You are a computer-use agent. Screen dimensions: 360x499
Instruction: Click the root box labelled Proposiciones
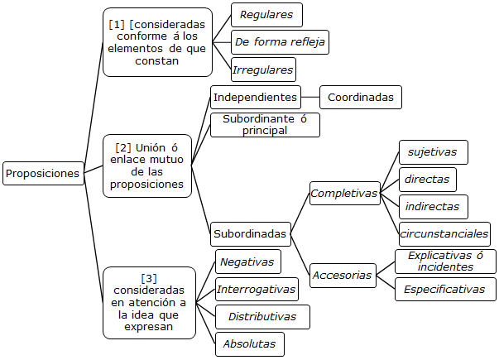(43, 173)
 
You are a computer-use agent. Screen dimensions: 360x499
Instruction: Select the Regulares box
(266, 15)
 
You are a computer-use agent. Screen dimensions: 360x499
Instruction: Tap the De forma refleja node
(281, 42)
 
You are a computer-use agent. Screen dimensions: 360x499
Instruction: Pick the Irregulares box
(263, 70)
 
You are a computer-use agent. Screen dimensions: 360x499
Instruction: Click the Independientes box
(255, 97)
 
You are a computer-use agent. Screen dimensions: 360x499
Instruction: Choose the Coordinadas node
(361, 97)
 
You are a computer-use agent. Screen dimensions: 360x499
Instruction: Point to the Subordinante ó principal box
(265, 125)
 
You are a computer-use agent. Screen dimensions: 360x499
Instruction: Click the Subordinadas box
(250, 233)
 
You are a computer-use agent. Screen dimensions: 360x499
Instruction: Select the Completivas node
(344, 194)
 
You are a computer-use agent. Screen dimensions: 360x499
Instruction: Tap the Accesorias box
(343, 275)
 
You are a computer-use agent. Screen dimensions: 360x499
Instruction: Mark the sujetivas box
(433, 152)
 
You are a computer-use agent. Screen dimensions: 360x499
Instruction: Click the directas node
(427, 179)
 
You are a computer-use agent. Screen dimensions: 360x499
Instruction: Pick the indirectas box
(434, 206)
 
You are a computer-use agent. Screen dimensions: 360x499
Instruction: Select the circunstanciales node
(444, 233)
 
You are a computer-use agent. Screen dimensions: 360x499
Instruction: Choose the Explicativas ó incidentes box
(445, 261)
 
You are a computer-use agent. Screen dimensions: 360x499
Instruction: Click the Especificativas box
(445, 289)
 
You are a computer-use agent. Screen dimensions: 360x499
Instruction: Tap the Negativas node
(247, 262)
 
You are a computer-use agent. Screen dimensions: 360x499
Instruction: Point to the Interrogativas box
(257, 289)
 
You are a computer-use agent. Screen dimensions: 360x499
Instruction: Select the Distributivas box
(261, 316)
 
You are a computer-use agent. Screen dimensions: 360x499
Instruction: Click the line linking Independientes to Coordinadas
(309, 97)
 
